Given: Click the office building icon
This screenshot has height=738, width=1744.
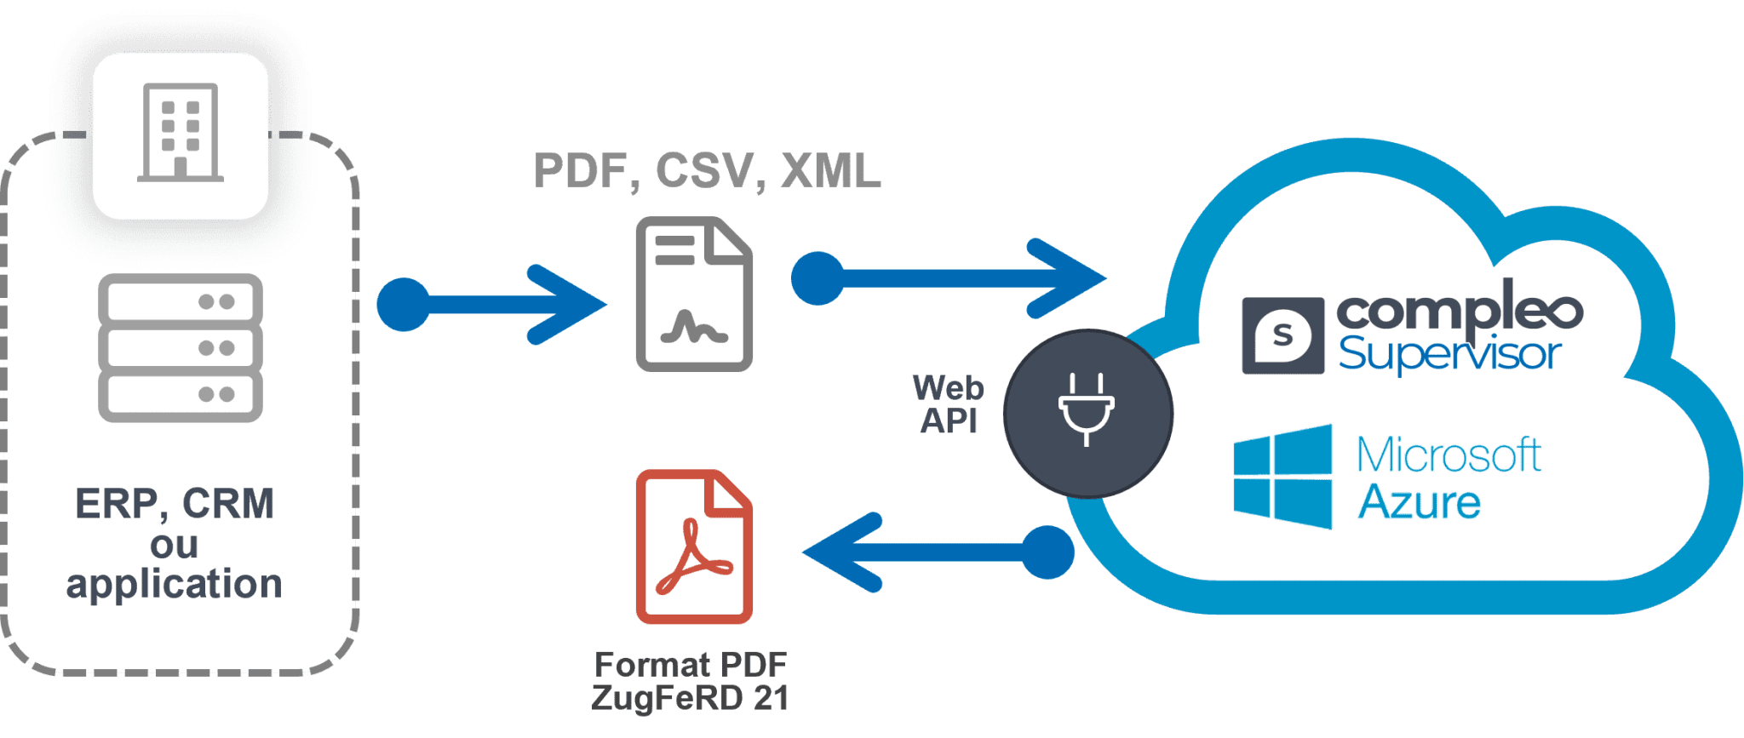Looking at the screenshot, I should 181,133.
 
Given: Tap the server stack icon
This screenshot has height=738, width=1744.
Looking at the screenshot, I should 181,347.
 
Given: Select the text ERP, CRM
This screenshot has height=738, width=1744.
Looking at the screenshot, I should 175,504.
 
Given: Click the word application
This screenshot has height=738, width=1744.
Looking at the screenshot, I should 175,585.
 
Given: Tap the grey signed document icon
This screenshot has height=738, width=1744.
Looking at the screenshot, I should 694,295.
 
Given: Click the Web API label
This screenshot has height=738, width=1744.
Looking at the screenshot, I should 949,404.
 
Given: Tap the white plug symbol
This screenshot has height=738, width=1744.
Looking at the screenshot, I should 1087,409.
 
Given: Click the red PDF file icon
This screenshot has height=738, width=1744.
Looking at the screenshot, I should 694,546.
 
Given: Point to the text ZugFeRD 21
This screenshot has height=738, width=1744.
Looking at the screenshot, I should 690,698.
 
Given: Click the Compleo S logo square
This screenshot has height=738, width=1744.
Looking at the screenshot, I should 1282,335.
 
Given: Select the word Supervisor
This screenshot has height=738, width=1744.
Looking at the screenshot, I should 1449,353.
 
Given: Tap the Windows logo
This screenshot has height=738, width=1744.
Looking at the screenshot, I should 1282,477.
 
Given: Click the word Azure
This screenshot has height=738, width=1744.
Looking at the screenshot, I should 1419,501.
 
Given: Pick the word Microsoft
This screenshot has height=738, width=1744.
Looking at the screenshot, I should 1449,455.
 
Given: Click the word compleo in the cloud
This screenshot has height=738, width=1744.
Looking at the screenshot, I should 1460,311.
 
